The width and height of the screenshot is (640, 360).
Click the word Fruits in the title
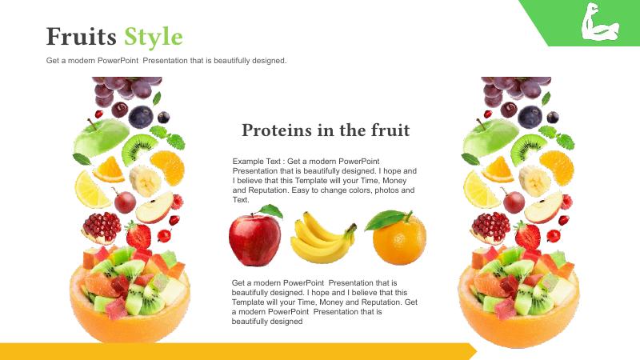pos(82,36)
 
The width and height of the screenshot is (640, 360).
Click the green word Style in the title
pos(154,38)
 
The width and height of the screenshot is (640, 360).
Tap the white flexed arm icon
pos(599,22)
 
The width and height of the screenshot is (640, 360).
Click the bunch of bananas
pos(322,238)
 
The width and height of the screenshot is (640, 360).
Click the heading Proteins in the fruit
pos(326,130)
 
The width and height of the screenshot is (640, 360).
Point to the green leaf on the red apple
pos(271,211)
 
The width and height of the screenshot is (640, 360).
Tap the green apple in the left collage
pos(101,137)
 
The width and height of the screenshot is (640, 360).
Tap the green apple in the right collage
pos(490,137)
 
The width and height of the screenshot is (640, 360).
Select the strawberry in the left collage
pos(138,235)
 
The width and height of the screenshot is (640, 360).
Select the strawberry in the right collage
pos(527,235)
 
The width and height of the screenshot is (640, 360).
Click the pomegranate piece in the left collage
pos(102,228)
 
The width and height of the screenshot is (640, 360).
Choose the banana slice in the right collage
pos(534,181)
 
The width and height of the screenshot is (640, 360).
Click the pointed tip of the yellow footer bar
pos(477,351)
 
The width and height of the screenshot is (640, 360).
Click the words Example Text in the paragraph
pos(256,162)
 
